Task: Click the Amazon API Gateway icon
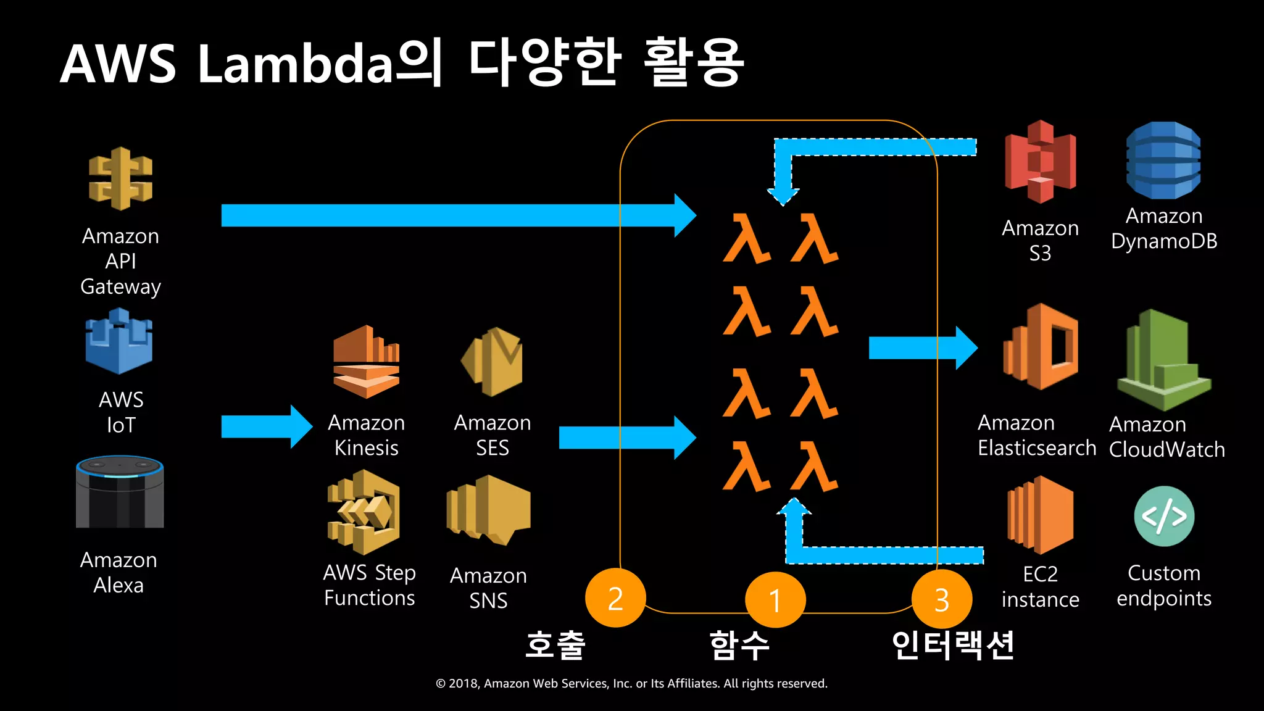pyautogui.click(x=120, y=179)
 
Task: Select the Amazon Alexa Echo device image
pyautogui.click(x=120, y=492)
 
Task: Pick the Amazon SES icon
pyautogui.click(x=492, y=361)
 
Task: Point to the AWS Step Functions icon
pyautogui.click(x=364, y=512)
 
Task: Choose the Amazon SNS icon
pyautogui.click(x=488, y=509)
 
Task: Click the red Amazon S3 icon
pyautogui.click(x=1041, y=162)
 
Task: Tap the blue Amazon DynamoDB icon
pyautogui.click(x=1163, y=160)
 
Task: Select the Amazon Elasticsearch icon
pyautogui.click(x=1041, y=346)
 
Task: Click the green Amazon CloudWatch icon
pyautogui.click(x=1163, y=361)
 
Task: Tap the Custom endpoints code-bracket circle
pyautogui.click(x=1164, y=516)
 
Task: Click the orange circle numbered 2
pyautogui.click(x=615, y=598)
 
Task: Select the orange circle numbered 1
pyautogui.click(x=775, y=599)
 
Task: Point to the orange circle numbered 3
pyautogui.click(x=941, y=599)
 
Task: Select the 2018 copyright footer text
pyautogui.click(x=631, y=683)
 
